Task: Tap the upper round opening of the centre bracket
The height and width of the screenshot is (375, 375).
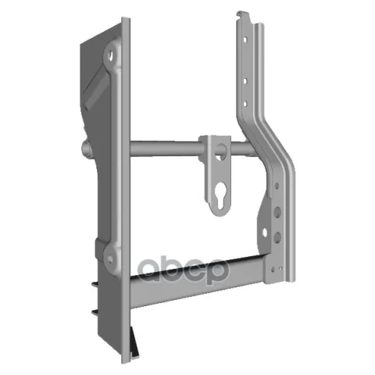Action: (x=220, y=152)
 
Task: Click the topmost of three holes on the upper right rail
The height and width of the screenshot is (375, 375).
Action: (x=245, y=40)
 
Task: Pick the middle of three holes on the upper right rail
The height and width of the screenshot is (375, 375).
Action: (x=245, y=81)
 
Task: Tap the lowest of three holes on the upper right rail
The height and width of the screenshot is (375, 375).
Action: (x=245, y=104)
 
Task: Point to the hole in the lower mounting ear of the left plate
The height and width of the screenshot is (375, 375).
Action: (x=110, y=259)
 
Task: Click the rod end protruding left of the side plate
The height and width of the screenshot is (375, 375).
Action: (x=87, y=149)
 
